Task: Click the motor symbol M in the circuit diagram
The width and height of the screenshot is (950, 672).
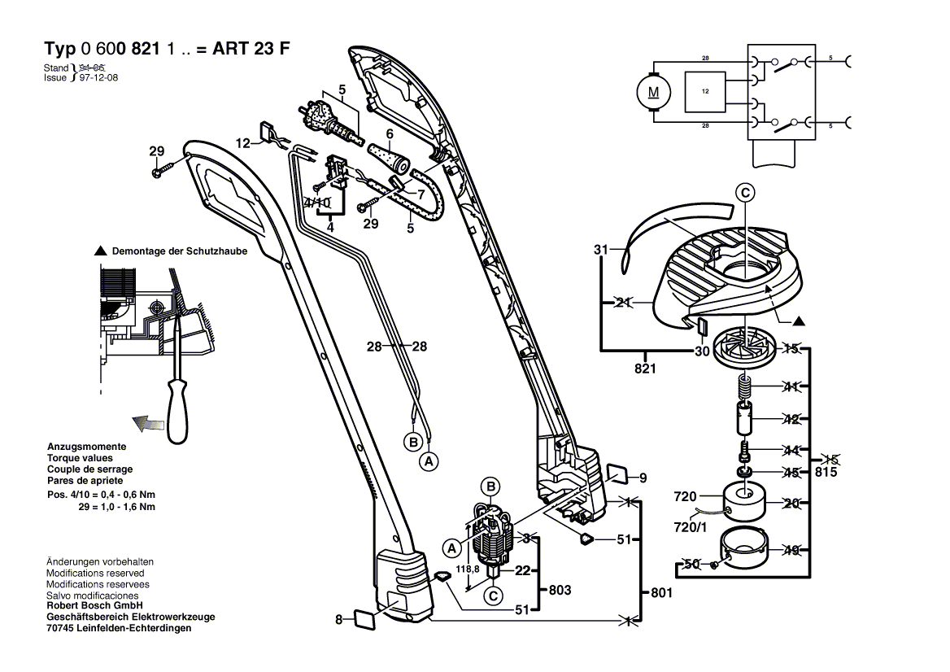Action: tap(654, 92)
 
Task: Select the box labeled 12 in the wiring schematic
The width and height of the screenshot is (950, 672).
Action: tap(705, 92)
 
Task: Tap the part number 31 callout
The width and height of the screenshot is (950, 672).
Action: tap(601, 250)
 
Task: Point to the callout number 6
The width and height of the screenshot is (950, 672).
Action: tap(390, 133)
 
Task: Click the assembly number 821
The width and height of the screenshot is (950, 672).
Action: tap(646, 368)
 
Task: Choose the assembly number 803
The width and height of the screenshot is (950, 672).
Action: tap(560, 589)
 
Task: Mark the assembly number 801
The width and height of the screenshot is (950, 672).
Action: tap(662, 594)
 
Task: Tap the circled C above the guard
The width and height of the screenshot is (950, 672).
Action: tap(746, 193)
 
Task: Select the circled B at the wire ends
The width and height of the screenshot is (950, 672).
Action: tap(412, 442)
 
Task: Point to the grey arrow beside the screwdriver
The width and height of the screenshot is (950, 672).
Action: tap(147, 422)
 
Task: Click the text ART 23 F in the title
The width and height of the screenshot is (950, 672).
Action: tap(251, 46)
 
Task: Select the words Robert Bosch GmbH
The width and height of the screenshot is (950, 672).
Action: tap(94, 606)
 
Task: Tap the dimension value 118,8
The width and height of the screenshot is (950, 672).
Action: tap(465, 569)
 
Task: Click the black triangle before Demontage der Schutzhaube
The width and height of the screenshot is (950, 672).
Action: tap(101, 251)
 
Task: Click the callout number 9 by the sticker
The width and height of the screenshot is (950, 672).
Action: tap(642, 478)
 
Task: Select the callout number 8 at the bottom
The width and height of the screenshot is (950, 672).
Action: tap(339, 621)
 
